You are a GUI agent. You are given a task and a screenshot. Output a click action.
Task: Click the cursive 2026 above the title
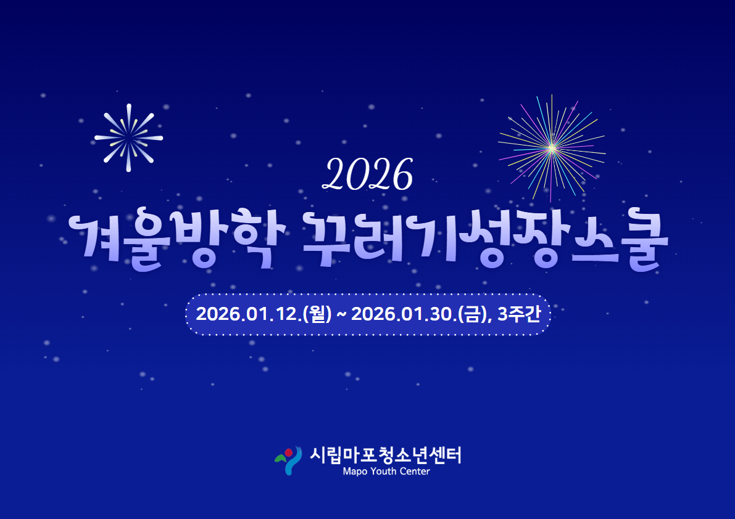pos(368,174)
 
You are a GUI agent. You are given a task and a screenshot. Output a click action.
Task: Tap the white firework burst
pos(128,137)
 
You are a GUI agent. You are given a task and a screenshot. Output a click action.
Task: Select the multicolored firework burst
pos(552,149)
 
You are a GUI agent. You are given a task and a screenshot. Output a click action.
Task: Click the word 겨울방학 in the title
pos(177,240)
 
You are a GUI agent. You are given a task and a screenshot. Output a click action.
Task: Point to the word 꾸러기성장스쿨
pos(485,240)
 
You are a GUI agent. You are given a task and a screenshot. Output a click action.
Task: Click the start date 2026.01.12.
pos(249,314)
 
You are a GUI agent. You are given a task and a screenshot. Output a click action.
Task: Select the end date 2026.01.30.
pos(404,314)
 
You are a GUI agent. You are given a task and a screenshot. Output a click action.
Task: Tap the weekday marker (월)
pos(317,314)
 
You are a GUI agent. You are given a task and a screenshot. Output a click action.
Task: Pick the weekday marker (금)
pos(473,314)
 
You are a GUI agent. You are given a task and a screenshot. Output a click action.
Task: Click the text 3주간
pos(519,314)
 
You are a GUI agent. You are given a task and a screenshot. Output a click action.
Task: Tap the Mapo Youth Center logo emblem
pos(288,460)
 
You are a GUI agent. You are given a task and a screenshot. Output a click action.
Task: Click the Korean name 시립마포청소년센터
pos(385,455)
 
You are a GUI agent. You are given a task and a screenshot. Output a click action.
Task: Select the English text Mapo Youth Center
pos(386,472)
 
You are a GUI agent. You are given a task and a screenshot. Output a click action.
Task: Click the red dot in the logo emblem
pos(289,452)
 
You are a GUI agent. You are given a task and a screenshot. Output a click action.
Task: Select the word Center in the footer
pos(414,472)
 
